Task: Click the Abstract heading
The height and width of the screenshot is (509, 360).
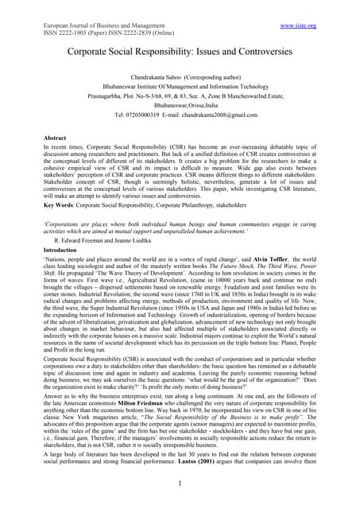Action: pyautogui.click(x=56, y=138)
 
